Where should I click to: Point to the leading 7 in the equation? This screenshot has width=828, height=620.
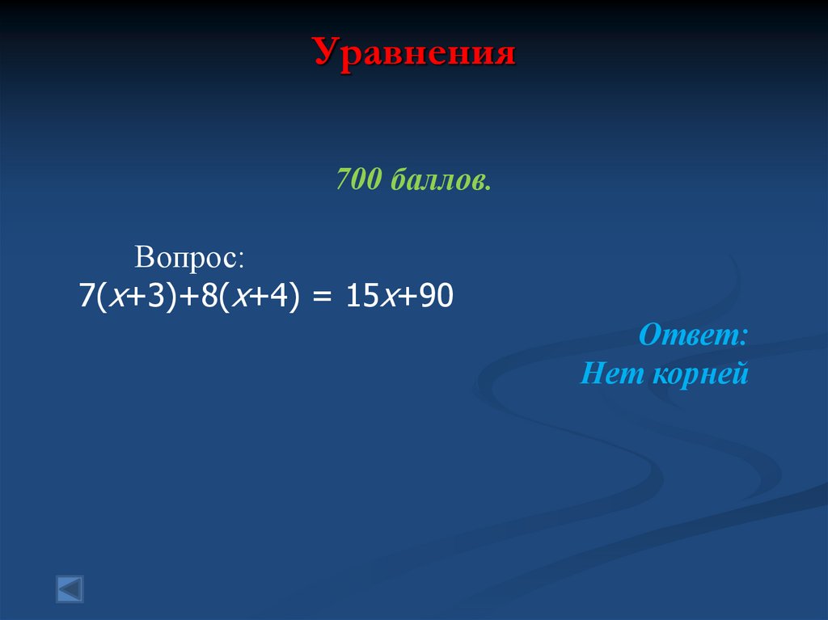click(86, 296)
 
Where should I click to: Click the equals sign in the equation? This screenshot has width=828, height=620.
click(322, 297)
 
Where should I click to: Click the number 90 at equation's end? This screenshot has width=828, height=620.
click(435, 296)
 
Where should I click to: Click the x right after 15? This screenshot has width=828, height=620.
click(389, 297)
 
